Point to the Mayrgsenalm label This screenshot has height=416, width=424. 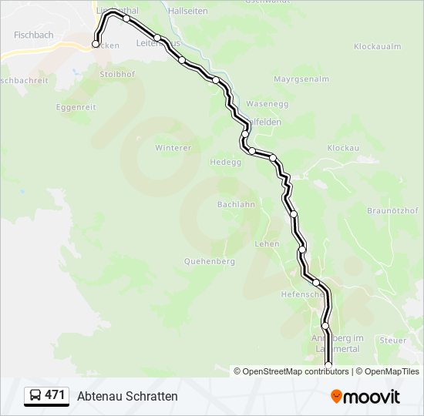tap(301, 79)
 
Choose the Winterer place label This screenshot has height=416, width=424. tap(173, 147)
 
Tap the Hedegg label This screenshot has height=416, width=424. tap(226, 163)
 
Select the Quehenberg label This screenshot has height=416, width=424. tap(209, 261)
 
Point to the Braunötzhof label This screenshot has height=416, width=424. tap(392, 210)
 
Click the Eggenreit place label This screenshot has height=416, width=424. tap(75, 107)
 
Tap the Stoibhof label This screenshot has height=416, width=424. tap(117, 74)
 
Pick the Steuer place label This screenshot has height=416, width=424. tap(392, 340)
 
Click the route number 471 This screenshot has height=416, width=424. tap(55, 395)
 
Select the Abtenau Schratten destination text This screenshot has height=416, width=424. tap(127, 396)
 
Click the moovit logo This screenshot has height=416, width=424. tap(365, 397)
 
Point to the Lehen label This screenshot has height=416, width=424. tap(267, 243)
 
